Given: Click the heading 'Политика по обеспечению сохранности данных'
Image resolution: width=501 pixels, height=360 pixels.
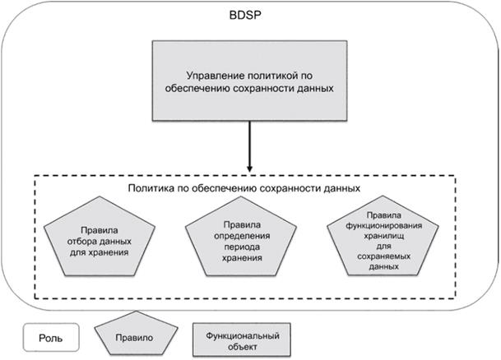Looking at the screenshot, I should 245,187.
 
